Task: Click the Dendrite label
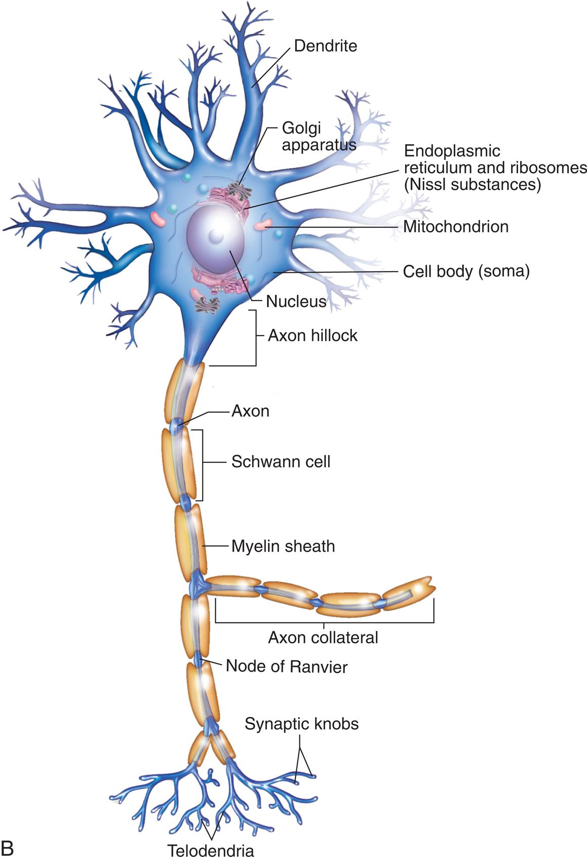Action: pos(325,46)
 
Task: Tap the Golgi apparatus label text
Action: pos(319,136)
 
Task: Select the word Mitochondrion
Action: pos(456,226)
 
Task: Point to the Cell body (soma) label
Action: pos(466,271)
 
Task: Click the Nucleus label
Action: pos(296,302)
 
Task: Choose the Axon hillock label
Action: pos(312,335)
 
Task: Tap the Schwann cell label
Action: pos(281,461)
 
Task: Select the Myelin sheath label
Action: pos(283,547)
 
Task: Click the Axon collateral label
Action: pos(323,637)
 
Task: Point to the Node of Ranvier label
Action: pos(287,666)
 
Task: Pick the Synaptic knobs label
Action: pos(301,724)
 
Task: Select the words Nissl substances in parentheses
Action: pos(472,185)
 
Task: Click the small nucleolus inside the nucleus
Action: pos(216,236)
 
